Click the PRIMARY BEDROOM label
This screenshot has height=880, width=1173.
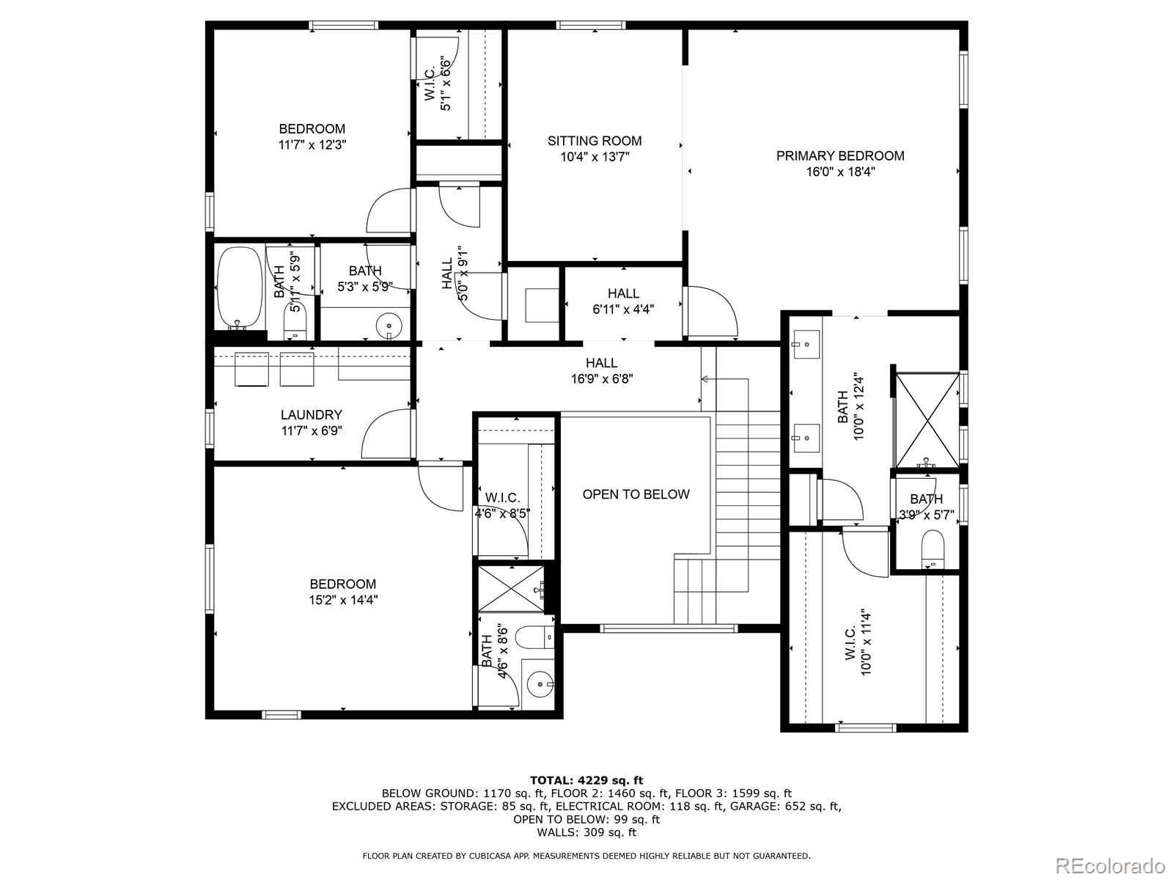[840, 156]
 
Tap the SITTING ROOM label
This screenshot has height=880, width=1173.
[595, 141]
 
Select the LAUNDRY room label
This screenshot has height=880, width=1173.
[311, 414]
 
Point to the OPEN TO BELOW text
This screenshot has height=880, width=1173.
[636, 494]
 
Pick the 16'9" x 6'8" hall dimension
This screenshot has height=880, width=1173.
[602, 379]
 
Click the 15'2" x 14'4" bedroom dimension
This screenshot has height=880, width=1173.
[343, 600]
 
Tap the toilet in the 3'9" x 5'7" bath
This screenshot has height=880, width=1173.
[933, 549]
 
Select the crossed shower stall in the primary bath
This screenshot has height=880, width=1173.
[927, 420]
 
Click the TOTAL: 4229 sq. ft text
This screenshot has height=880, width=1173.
[586, 780]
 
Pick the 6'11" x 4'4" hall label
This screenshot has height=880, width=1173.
[623, 301]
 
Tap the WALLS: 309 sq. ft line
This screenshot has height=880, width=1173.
[586, 832]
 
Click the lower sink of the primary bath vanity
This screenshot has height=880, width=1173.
[805, 438]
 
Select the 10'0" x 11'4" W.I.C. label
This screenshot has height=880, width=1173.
[858, 644]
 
